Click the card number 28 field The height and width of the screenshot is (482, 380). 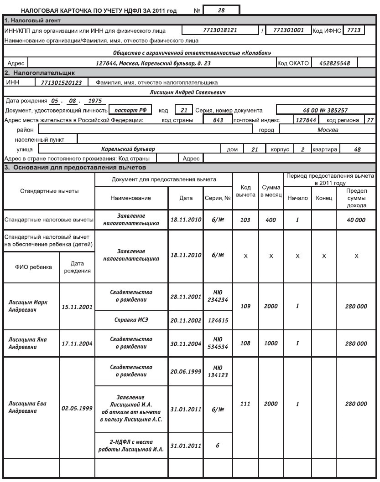222,10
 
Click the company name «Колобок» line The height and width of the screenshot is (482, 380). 189,52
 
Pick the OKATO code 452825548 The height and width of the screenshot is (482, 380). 331,63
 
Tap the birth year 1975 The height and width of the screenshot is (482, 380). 95,101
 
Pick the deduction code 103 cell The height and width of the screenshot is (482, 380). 245,220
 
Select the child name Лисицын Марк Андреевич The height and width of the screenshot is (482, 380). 28,306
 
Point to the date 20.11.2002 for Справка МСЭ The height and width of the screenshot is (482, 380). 185,321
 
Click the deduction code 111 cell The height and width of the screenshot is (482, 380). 245,404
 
